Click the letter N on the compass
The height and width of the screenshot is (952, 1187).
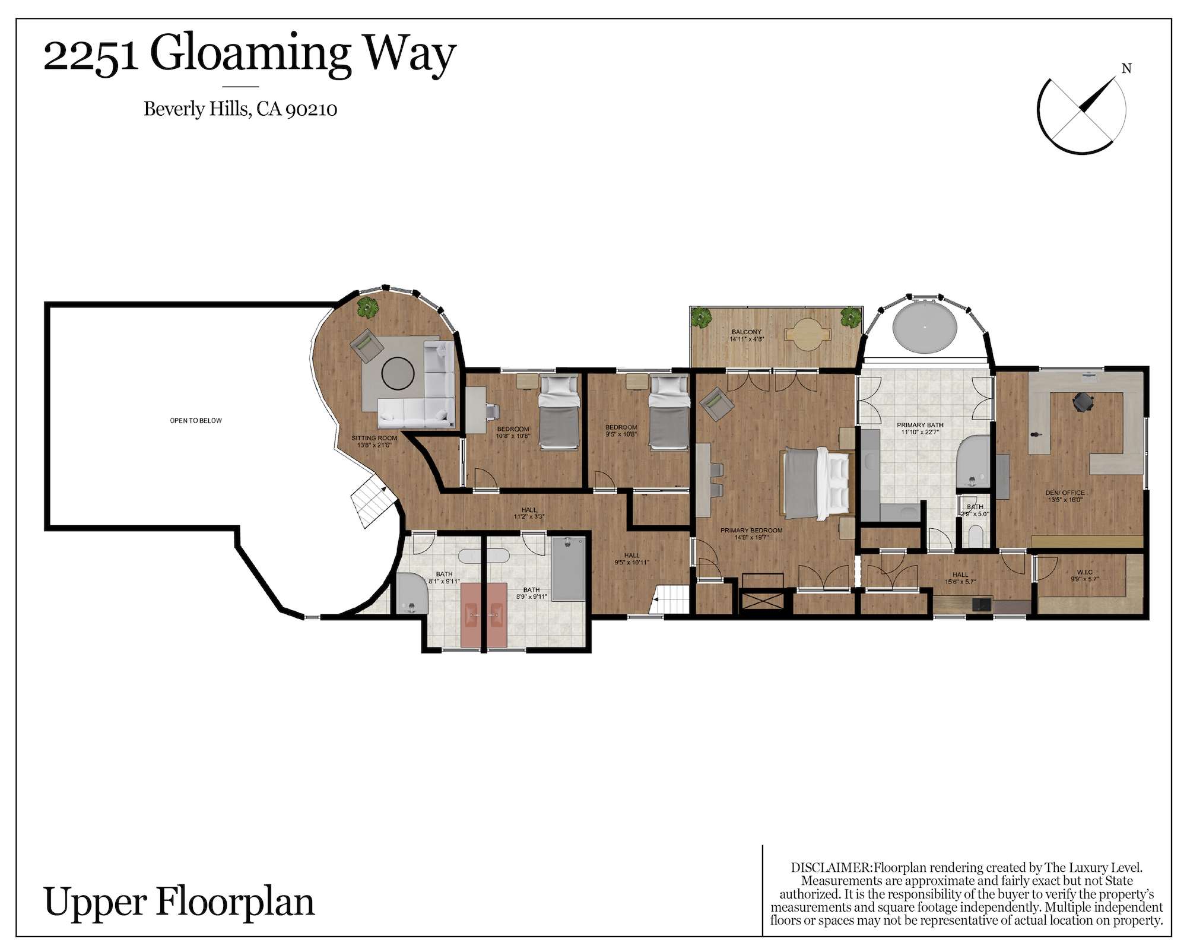click(1126, 69)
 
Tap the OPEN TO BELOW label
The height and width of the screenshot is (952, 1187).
click(196, 421)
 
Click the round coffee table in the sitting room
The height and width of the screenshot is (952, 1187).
click(398, 373)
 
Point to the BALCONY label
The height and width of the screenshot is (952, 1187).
click(747, 332)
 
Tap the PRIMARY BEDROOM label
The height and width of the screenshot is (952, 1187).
click(751, 531)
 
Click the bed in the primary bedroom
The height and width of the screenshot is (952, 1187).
click(817, 483)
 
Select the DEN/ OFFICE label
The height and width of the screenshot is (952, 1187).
click(1065, 493)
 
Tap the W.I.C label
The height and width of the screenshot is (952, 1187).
click(1085, 572)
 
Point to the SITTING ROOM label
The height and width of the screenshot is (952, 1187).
click(374, 438)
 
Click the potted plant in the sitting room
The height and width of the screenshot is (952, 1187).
click(368, 307)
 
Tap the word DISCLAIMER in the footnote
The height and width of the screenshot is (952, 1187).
click(831, 867)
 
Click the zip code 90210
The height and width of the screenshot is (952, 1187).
click(311, 110)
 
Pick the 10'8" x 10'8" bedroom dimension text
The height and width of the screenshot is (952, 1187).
click(513, 436)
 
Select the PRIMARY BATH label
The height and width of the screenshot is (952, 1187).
click(920, 425)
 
